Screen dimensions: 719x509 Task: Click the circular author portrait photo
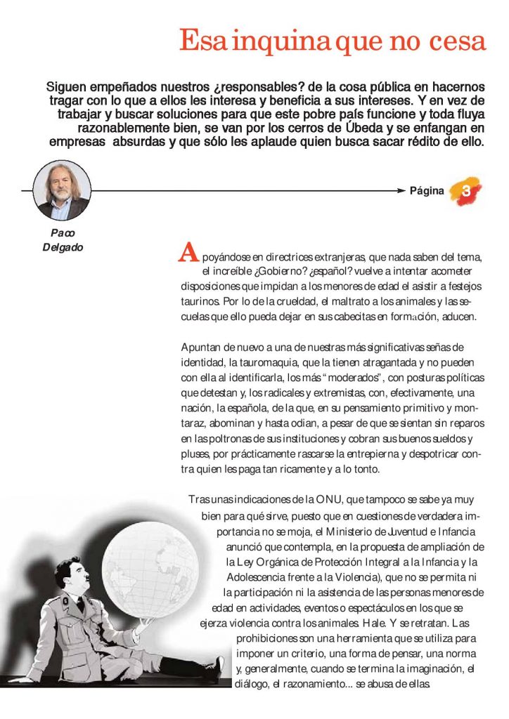point(62,190)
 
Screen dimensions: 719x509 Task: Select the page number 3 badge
point(466,190)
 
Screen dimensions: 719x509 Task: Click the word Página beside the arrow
point(427,190)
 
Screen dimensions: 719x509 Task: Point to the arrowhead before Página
point(403,190)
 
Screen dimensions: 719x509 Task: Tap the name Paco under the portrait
point(63,232)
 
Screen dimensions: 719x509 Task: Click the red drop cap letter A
point(187,252)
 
